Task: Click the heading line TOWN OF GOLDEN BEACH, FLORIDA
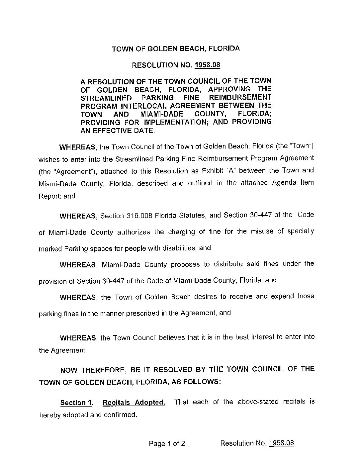pyautogui.click(x=176, y=49)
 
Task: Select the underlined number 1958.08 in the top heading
pyautogui.click(x=207, y=65)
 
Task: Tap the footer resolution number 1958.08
pyautogui.click(x=281, y=443)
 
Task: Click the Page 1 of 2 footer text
pyautogui.click(x=167, y=443)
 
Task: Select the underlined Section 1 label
pyautogui.click(x=76, y=403)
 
